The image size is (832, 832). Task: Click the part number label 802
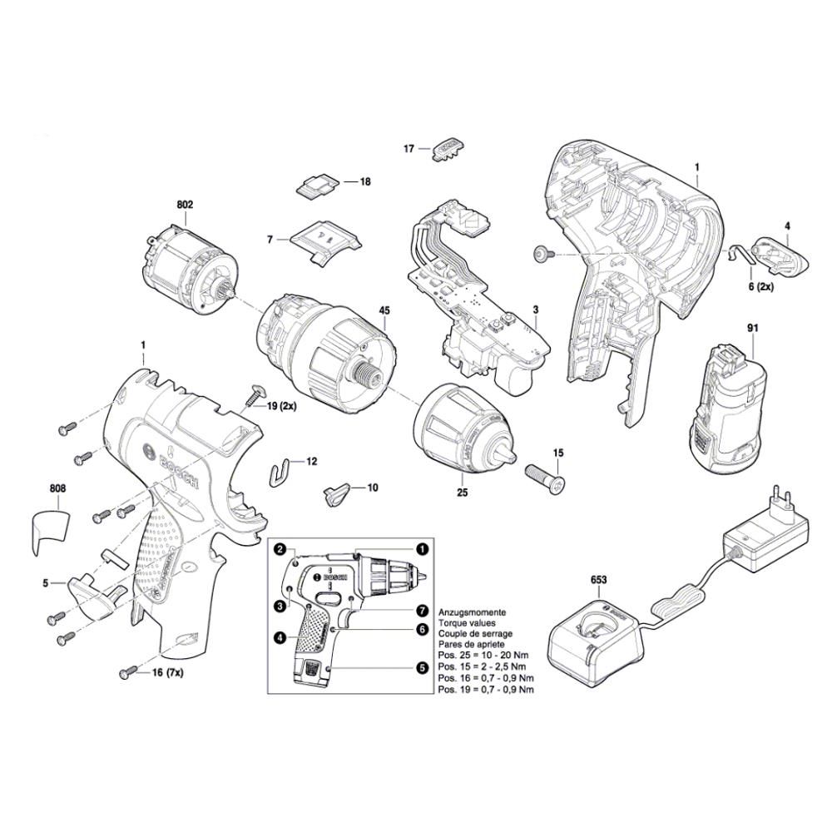pyautogui.click(x=184, y=204)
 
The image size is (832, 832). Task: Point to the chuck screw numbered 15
pyautogui.click(x=545, y=480)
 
